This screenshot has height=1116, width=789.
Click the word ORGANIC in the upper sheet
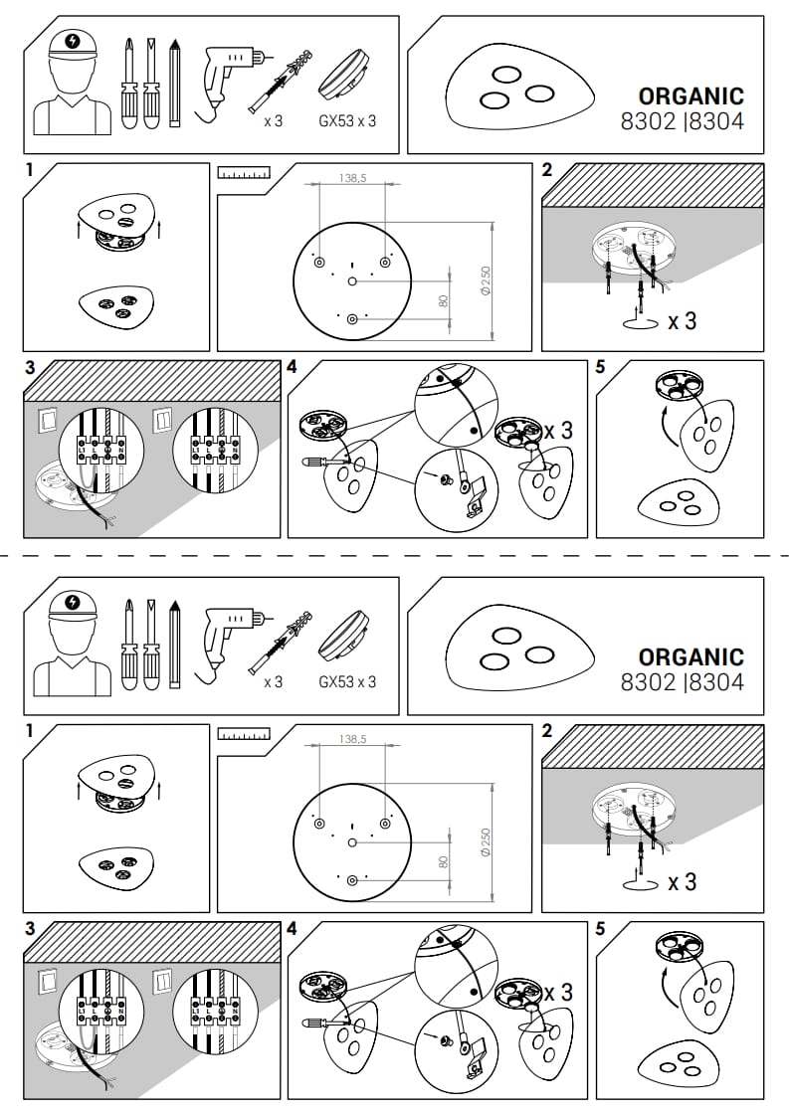[x=690, y=96]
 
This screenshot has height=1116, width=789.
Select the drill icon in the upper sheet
[x=227, y=77]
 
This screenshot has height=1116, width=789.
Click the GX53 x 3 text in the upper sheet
[x=347, y=122]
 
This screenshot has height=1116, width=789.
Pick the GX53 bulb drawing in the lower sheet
[x=345, y=637]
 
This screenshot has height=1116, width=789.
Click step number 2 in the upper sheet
[x=547, y=170]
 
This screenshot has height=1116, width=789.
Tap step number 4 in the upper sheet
[x=292, y=367]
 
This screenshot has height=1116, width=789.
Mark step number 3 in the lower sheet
[x=30, y=928]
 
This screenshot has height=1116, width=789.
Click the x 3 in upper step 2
[x=682, y=321]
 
